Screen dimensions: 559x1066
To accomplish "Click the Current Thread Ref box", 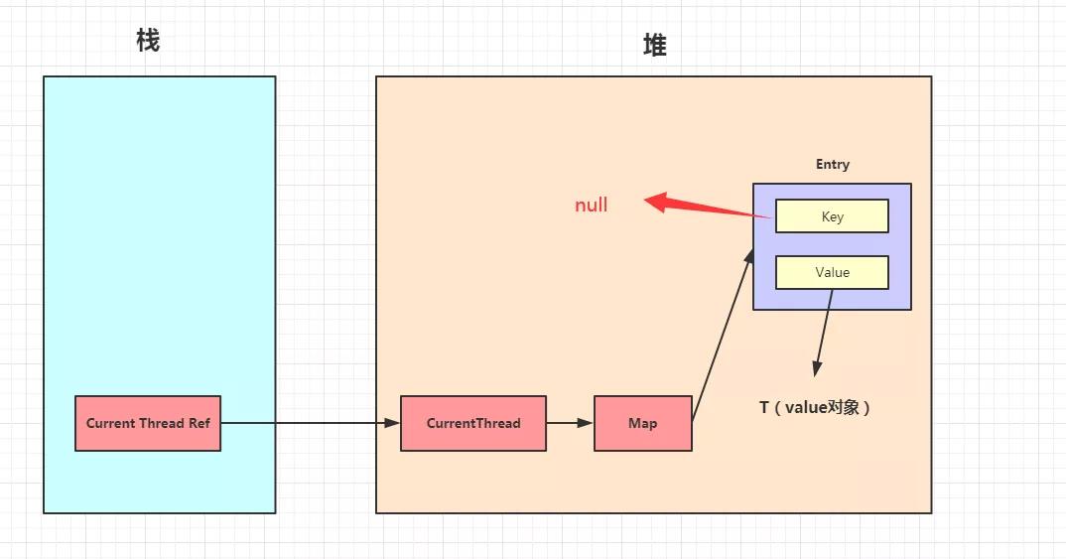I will click(x=148, y=423).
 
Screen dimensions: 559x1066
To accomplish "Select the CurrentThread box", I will click(x=473, y=423).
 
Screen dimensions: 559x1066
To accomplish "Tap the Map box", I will click(x=642, y=423).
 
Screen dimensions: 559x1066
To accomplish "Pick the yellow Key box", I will click(x=832, y=216).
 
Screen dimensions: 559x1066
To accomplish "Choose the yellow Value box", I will click(x=832, y=272).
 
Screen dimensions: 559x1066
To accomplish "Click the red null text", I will click(x=592, y=206).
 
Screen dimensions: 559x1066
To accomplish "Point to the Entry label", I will click(x=832, y=165).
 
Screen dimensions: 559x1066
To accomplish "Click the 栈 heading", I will click(x=148, y=41).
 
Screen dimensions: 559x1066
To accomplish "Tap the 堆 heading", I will click(x=654, y=45).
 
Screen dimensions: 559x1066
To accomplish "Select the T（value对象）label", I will click(x=815, y=407).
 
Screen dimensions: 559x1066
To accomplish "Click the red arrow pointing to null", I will click(x=710, y=209).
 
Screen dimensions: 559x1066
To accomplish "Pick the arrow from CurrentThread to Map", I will click(x=570, y=423).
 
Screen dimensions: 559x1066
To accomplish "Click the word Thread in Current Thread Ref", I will click(x=161, y=423).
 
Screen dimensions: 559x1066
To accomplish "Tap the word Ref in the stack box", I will click(x=199, y=423).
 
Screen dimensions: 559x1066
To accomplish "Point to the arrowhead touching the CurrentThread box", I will click(x=392, y=423).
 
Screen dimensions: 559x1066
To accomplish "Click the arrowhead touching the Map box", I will click(x=586, y=423).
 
